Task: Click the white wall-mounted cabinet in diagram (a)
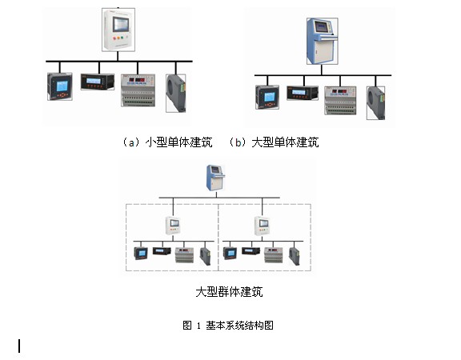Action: pos(118,30)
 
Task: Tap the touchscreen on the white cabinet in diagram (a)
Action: pos(121,24)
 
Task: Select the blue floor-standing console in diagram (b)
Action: pos(323,41)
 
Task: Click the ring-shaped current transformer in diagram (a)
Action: pos(176,93)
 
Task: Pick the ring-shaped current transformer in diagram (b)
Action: pos(375,103)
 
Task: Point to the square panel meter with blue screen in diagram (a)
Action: pos(60,86)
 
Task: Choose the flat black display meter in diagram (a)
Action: pos(98,82)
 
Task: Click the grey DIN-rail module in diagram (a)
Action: pos(138,90)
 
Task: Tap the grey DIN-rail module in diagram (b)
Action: pos(340,100)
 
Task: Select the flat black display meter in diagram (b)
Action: pos(303,93)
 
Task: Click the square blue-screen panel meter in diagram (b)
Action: pos(267,97)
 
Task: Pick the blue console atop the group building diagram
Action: pos(215,178)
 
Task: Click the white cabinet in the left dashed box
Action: pos(173,226)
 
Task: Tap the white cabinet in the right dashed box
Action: pos(262,226)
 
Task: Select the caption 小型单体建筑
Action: pos(179,142)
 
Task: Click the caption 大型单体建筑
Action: pos(285,142)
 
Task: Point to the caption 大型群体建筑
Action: pos(229,292)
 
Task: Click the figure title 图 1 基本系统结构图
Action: pos(228,326)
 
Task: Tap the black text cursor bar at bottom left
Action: pos(19,346)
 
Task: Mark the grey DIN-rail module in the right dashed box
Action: pos(274,254)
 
